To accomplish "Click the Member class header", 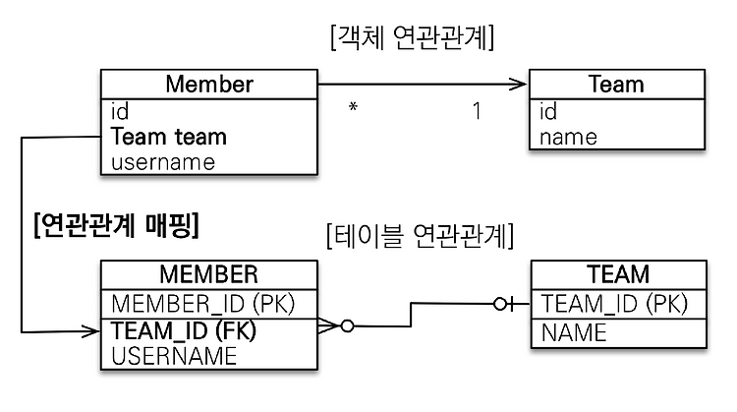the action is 209,85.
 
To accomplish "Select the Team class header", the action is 616,85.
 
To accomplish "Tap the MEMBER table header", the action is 209,274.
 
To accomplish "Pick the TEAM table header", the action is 618,274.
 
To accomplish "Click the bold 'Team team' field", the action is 169,137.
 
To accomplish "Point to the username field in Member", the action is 163,162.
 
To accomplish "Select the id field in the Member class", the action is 120,111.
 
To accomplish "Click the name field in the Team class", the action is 568,138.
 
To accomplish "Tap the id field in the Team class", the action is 548,111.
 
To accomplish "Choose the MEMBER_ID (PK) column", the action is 203,304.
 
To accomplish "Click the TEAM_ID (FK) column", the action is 184,330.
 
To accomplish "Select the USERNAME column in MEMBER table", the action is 174,356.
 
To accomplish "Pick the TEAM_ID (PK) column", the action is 614,304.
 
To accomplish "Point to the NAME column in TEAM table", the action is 574,333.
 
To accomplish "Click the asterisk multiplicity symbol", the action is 353,107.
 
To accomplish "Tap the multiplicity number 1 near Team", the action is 477,111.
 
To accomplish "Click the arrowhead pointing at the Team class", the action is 519,85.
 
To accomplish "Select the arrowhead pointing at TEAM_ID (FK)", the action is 90,331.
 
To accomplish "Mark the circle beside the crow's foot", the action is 347,325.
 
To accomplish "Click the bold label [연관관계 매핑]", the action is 117,226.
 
